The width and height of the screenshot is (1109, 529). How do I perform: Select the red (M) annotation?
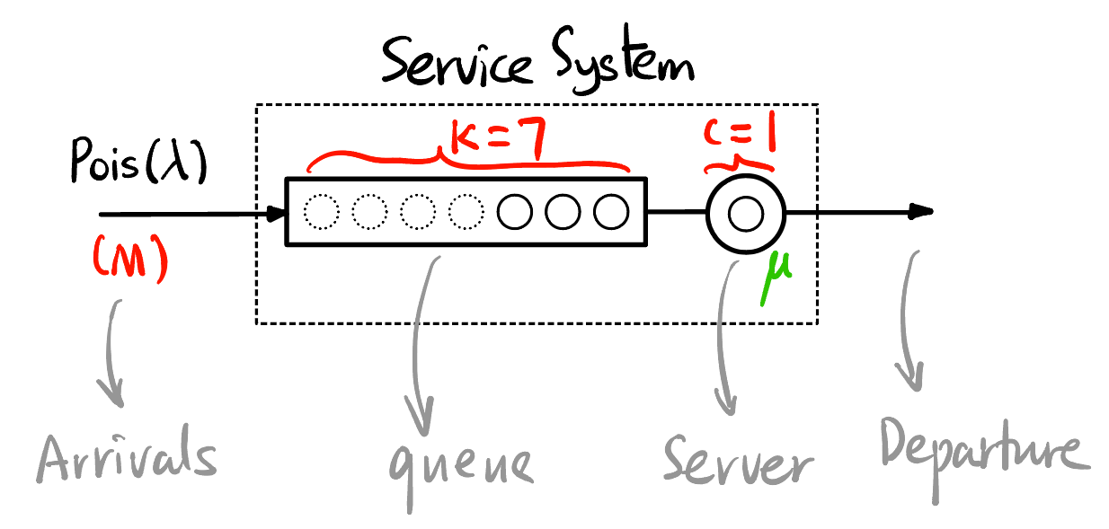pos(130,260)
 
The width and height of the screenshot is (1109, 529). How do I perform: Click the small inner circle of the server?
pos(746,214)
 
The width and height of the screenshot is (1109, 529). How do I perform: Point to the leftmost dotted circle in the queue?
pos(322,213)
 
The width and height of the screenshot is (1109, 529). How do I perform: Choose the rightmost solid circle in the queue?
pos(611,213)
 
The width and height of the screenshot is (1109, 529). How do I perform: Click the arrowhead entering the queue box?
pos(275,214)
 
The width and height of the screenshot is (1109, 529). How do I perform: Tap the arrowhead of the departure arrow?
pos(921,212)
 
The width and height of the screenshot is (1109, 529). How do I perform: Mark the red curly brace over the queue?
pos(467,163)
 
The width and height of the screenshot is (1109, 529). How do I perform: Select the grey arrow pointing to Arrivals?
pos(114,350)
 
